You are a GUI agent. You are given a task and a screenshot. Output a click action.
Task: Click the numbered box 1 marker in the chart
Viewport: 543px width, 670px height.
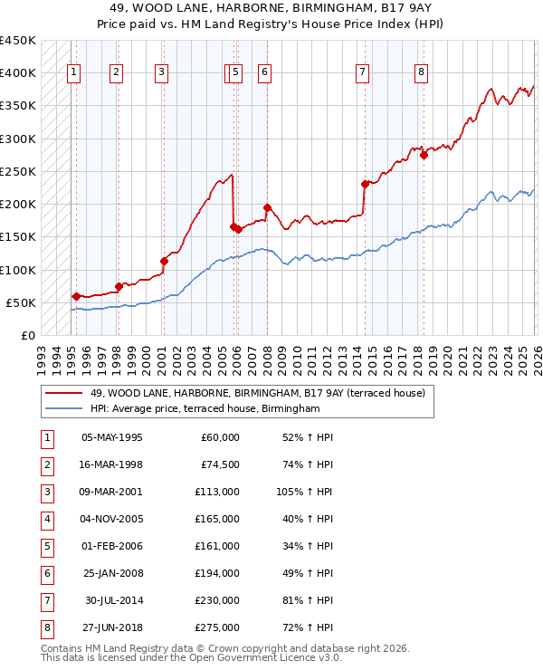pos(73,73)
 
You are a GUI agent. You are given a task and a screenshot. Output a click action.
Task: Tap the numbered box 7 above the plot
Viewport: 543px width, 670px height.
pos(362,73)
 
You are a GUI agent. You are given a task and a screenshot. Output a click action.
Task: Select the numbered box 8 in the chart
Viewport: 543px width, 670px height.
pos(421,73)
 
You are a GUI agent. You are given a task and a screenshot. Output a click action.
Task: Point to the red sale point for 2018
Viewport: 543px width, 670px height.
pos(424,155)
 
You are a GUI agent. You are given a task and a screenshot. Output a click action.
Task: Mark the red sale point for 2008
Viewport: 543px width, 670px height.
pos(267,208)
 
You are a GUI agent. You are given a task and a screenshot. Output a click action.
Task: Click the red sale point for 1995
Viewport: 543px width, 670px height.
pos(76,296)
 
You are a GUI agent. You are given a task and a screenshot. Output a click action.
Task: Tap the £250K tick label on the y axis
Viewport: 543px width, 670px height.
pos(18,171)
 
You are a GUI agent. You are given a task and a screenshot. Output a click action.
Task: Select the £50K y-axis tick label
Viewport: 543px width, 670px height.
pos(22,302)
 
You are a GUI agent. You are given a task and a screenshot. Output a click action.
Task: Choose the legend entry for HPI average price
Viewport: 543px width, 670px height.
pos(205,409)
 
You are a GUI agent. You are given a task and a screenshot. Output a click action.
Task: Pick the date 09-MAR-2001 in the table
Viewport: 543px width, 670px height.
pos(111,493)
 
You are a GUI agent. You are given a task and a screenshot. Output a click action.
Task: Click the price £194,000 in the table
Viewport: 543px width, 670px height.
pos(219,571)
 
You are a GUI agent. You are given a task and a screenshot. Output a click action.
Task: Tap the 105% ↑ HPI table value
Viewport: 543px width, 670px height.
pos(305,493)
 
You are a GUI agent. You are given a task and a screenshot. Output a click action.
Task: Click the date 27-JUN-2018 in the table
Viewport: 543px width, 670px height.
pos(111,627)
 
